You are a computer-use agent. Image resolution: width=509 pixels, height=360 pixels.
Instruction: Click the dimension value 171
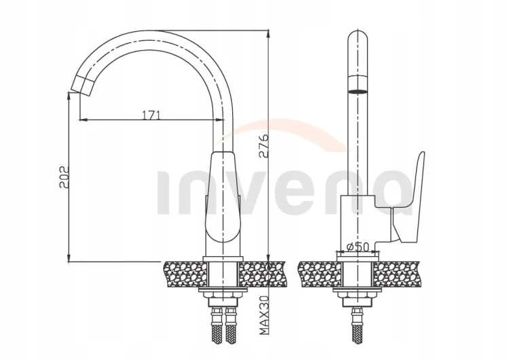coord(151,115)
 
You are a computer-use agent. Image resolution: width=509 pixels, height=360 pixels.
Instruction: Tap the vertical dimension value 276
coord(264,145)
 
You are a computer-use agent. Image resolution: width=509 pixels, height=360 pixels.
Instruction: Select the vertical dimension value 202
coord(64,177)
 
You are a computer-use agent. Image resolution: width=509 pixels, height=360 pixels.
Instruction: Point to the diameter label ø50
coord(358,247)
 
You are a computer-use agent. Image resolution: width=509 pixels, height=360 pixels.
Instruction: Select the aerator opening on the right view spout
coord(358,92)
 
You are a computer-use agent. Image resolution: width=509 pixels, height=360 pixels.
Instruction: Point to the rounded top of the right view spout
coord(358,37)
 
